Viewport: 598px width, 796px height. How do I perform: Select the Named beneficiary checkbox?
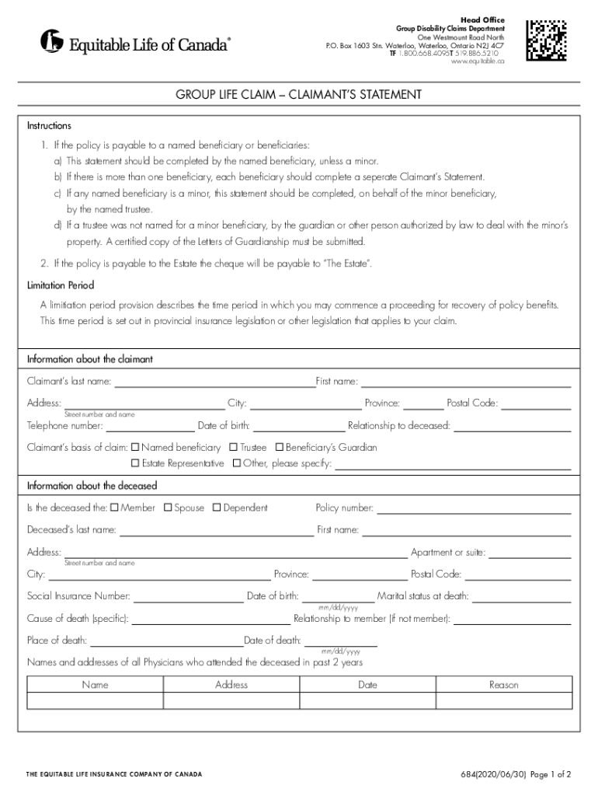click(x=135, y=448)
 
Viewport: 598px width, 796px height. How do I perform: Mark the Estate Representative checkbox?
click(x=135, y=463)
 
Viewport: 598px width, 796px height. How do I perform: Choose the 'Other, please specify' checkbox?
click(x=237, y=463)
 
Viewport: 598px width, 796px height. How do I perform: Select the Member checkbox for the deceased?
click(x=114, y=508)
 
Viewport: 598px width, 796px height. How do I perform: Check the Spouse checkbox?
click(x=168, y=508)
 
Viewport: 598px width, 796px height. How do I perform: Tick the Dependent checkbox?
click(x=217, y=508)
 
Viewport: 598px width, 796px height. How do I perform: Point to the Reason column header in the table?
click(x=503, y=685)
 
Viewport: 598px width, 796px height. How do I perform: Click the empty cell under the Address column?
click(x=231, y=701)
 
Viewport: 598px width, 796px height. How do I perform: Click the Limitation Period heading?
click(x=61, y=285)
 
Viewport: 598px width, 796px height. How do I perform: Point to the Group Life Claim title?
click(x=299, y=95)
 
